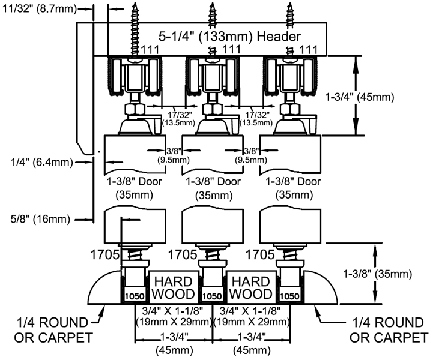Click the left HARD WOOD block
[x=172, y=287]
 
